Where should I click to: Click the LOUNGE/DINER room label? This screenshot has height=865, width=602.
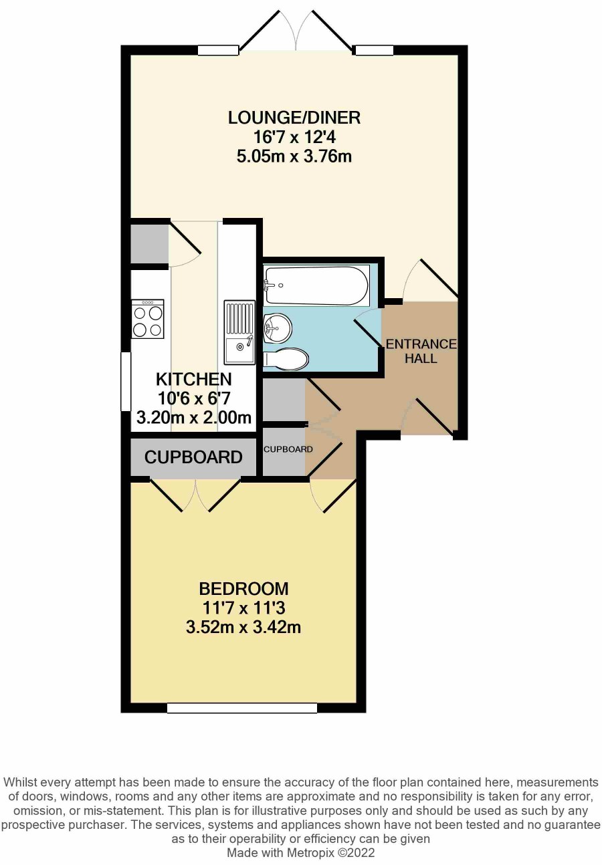294,118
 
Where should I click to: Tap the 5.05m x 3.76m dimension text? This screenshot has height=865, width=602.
294,157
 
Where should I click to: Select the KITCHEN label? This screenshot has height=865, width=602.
193,379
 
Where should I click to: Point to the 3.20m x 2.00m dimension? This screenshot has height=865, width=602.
194,417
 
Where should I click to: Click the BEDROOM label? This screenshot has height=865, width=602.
244,589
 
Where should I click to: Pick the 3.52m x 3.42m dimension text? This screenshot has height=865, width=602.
243,627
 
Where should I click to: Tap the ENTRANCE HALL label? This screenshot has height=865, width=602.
421,351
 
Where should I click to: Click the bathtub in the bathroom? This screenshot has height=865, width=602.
316,285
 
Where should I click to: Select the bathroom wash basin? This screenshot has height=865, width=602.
278,328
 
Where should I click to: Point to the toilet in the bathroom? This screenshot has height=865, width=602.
286,358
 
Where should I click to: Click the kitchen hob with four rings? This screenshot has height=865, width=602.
147,319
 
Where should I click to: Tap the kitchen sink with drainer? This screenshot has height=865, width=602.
239,332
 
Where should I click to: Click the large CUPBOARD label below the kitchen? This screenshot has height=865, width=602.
193,457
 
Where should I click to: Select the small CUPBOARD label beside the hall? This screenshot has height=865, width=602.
288,449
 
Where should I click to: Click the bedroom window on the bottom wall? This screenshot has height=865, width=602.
242,707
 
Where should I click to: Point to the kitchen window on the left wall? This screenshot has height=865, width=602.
126,381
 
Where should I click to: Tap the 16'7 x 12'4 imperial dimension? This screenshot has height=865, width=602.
294,137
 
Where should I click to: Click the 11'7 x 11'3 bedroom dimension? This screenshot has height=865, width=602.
244,608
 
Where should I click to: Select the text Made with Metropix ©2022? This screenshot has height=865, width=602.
300,852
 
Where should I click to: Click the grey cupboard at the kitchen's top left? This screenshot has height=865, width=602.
150,244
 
